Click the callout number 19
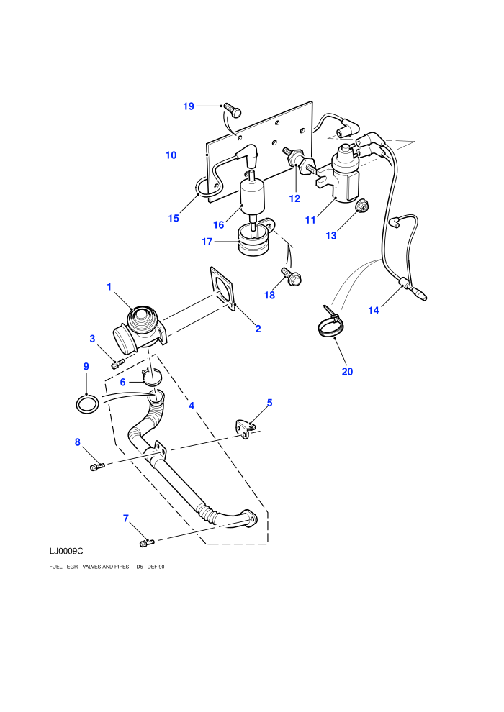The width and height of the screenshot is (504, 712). pos(189,106)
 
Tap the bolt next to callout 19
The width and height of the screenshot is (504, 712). pos(233,110)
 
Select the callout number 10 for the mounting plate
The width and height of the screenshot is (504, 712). pos(171,155)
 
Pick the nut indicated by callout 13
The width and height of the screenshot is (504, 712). pos(361,206)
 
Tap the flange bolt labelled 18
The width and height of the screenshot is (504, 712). pos(292,277)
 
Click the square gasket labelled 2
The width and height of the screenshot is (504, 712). pos(224,289)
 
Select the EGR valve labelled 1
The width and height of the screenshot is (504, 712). pos(140,327)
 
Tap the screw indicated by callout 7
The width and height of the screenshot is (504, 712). pos(146,542)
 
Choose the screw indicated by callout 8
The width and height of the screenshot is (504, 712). pos(96,466)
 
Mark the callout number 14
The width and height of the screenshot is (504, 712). pos(373,311)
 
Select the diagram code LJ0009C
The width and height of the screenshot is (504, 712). pos(66,551)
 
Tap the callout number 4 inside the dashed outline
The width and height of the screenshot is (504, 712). pos(192,406)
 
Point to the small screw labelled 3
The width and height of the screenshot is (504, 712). pos(117,363)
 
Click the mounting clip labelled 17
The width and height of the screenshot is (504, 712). pos(254,238)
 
